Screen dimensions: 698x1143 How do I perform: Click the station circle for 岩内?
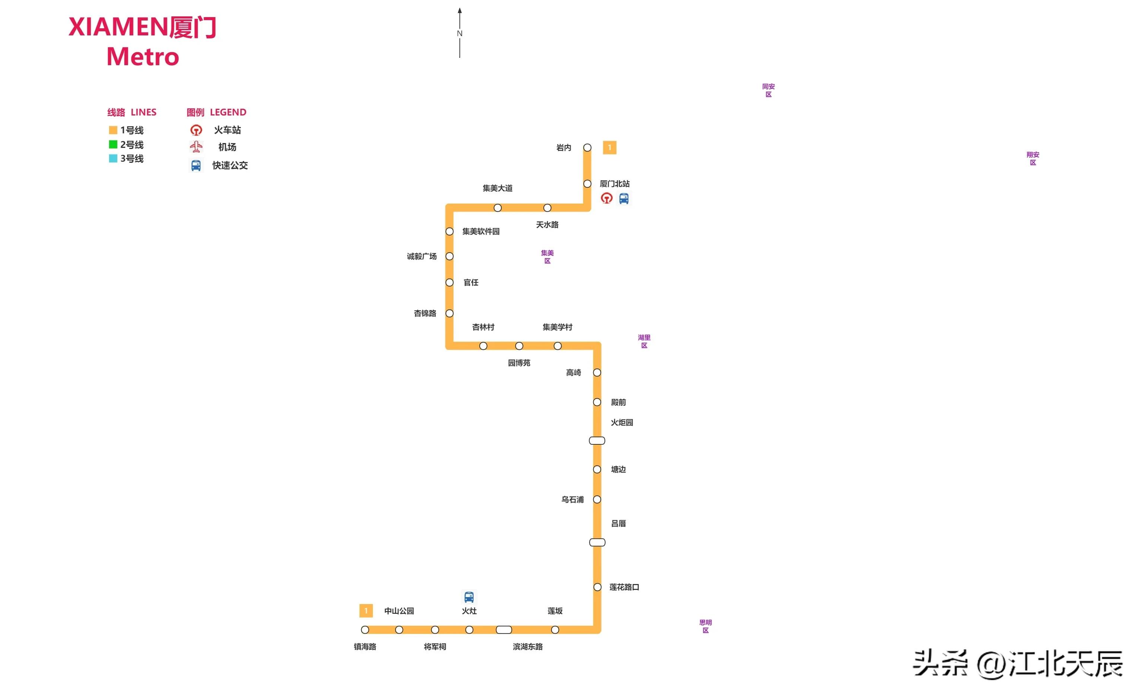click(x=587, y=147)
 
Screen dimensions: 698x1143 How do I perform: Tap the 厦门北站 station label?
click(x=615, y=184)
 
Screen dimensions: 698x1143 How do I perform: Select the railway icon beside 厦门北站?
click(x=607, y=199)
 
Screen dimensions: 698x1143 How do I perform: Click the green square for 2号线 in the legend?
click(x=113, y=144)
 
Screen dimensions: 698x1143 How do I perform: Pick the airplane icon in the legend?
click(x=196, y=147)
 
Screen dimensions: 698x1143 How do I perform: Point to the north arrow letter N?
click(x=460, y=34)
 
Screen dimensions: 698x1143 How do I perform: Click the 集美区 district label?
click(x=547, y=257)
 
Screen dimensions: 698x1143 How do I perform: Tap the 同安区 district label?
click(x=768, y=91)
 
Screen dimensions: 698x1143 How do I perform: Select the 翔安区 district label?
click(x=1033, y=159)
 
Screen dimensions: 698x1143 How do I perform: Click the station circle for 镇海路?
click(x=365, y=630)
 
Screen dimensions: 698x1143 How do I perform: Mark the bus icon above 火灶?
click(x=469, y=597)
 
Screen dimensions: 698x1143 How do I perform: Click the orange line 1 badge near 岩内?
click(x=610, y=147)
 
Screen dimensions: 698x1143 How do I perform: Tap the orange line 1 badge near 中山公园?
click(x=366, y=611)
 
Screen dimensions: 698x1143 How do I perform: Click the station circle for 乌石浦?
click(x=597, y=499)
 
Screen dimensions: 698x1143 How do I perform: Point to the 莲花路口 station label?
click(x=624, y=587)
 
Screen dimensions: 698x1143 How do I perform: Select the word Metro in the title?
click(x=143, y=57)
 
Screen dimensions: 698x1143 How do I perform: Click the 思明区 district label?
click(x=705, y=626)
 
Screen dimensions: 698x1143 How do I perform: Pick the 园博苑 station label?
click(x=519, y=363)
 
